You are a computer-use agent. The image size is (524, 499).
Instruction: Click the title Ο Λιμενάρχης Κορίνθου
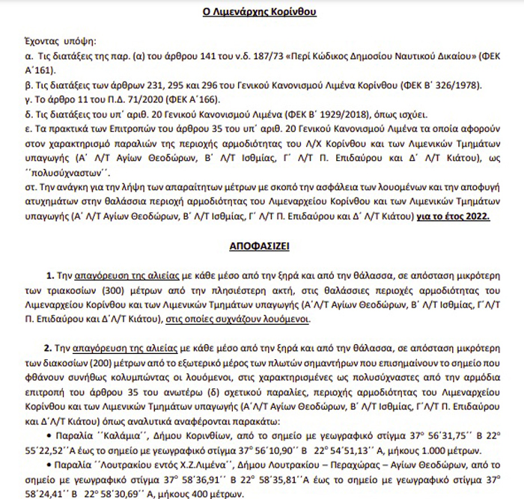[x=261, y=13]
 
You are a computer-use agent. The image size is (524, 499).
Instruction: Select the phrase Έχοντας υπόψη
[x=55, y=42]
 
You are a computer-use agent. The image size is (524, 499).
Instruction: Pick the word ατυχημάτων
[x=60, y=202]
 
